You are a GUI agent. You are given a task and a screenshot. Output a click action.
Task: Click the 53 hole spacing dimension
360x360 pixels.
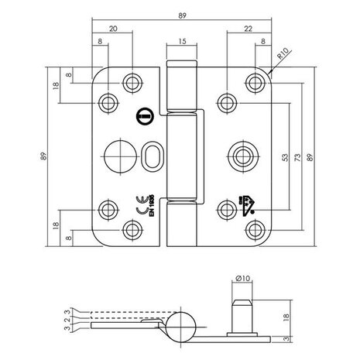tap(285, 158)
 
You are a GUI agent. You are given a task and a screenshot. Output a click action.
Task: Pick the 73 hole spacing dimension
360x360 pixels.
tap(299, 158)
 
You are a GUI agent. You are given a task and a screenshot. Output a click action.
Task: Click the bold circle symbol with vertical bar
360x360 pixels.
tap(142, 118)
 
